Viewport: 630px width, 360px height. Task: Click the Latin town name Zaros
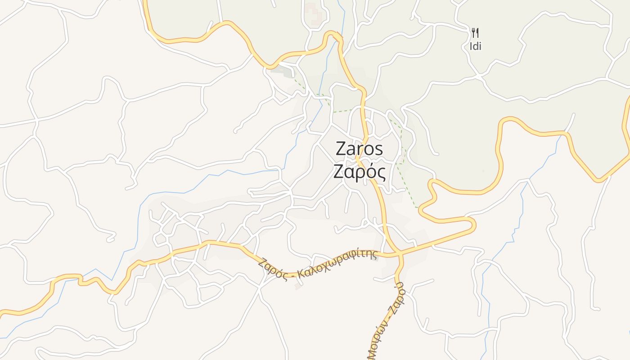359,149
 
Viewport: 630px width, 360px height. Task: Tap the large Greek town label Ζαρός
359,172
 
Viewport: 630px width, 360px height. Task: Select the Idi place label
476,46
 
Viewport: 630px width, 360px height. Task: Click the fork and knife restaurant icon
475,32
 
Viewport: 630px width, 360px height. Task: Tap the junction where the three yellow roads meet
400,255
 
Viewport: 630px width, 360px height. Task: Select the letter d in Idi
476,46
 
